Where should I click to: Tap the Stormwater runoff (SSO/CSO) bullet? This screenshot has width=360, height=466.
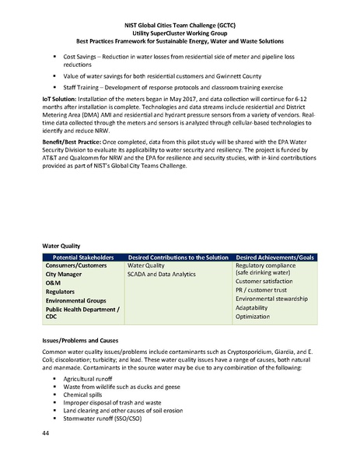coord(120,420)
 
